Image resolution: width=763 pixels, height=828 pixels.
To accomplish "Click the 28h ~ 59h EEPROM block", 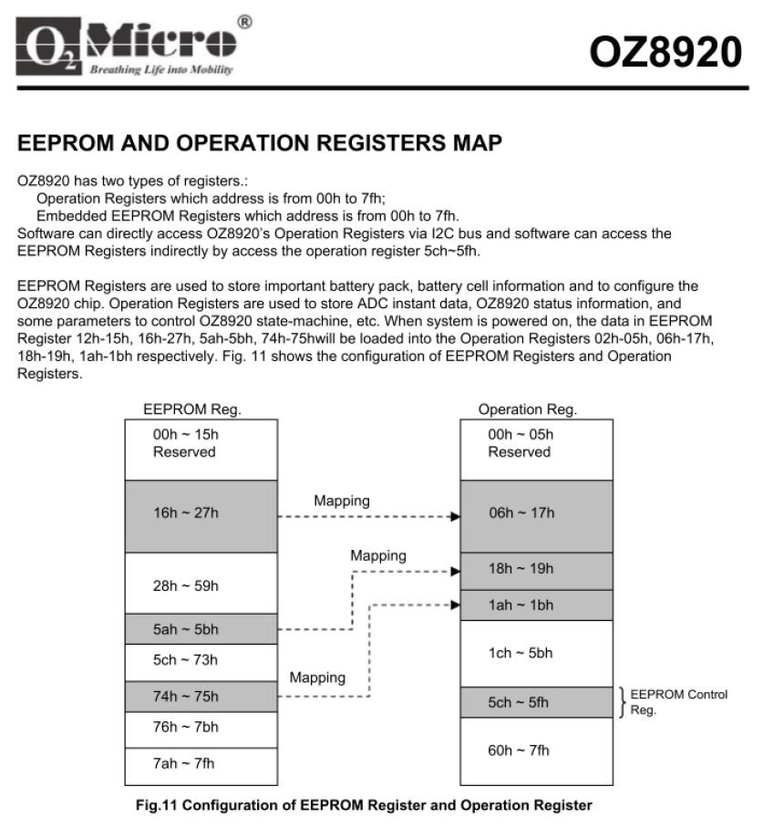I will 200,584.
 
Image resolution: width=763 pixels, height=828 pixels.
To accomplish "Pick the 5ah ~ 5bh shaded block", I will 200,628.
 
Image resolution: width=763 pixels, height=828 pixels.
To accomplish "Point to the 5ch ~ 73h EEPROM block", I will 200,662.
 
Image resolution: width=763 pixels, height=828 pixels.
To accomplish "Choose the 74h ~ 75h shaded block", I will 200,697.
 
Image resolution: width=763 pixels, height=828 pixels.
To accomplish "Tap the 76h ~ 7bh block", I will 200,729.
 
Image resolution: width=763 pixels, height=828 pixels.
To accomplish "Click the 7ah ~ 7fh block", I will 200,764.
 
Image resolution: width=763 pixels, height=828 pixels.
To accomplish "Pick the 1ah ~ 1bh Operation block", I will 535,605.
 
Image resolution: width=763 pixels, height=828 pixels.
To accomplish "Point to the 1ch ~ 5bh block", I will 535,653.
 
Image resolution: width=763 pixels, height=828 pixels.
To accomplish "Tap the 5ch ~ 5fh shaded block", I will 535,702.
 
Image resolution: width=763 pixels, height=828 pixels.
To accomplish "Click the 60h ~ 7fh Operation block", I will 535,750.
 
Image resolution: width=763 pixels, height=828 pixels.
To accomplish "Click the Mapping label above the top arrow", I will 342,501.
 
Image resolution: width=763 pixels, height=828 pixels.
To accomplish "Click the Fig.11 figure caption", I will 363,806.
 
